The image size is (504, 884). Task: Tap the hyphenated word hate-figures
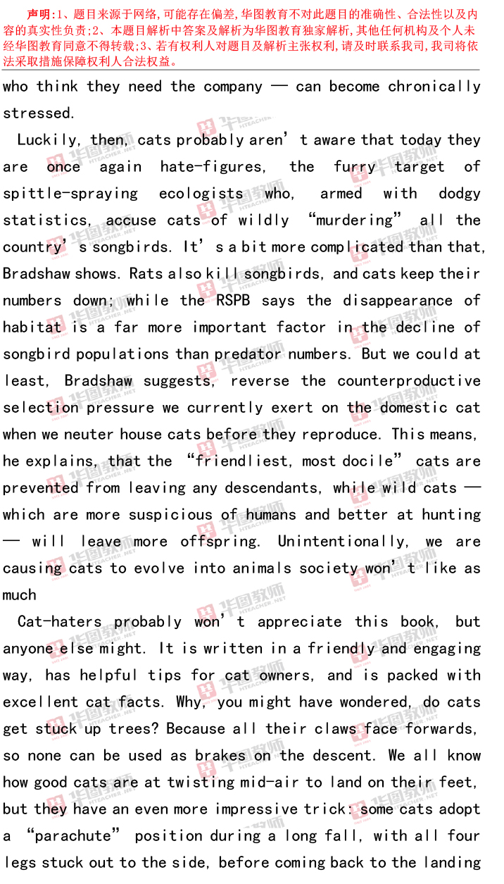[x=213, y=167]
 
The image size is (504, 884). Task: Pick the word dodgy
[x=459, y=194]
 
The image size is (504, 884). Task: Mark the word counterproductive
[x=409, y=381]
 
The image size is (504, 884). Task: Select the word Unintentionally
[x=342, y=542]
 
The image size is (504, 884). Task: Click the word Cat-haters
[x=59, y=622]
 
